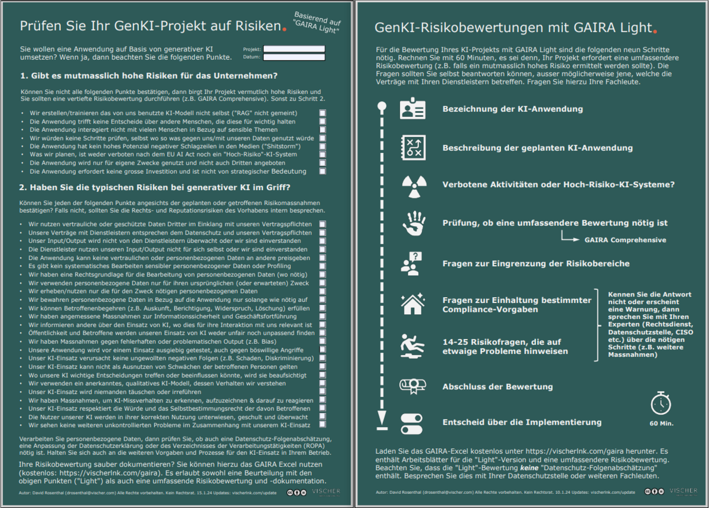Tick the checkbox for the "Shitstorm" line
pyautogui.click(x=323, y=146)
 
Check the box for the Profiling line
pyautogui.click(x=323, y=266)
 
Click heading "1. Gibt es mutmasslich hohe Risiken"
pyautogui.click(x=149, y=76)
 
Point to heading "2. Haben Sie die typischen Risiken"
pyautogui.click(x=155, y=188)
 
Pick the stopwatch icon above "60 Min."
pyautogui.click(x=661, y=403)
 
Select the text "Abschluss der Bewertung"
pyautogui.click(x=497, y=387)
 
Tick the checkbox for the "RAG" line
pyautogui.click(x=323, y=112)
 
